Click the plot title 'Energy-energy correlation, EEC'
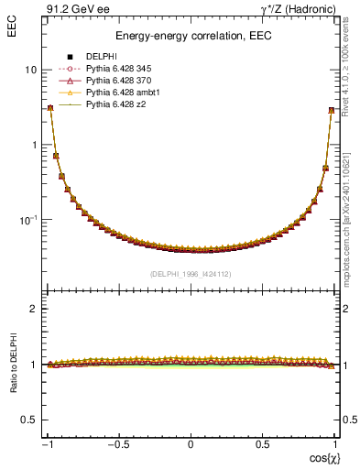coord(190,37)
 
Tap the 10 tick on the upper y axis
coord(30,70)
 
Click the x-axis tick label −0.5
coord(118,444)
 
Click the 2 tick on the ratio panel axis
coord(34,309)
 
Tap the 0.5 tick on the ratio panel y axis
coord(30,419)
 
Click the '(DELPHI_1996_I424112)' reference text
coord(190,273)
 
